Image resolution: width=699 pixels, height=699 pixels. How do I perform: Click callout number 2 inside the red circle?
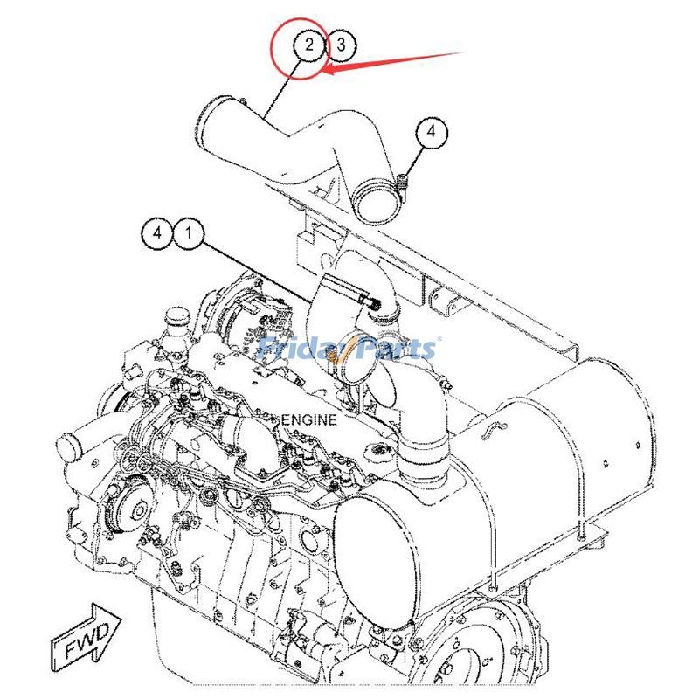[308, 45]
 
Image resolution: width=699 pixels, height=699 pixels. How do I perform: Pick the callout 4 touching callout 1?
[157, 233]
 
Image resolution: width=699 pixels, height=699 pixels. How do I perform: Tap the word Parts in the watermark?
[395, 349]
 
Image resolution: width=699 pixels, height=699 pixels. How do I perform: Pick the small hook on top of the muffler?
[495, 427]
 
